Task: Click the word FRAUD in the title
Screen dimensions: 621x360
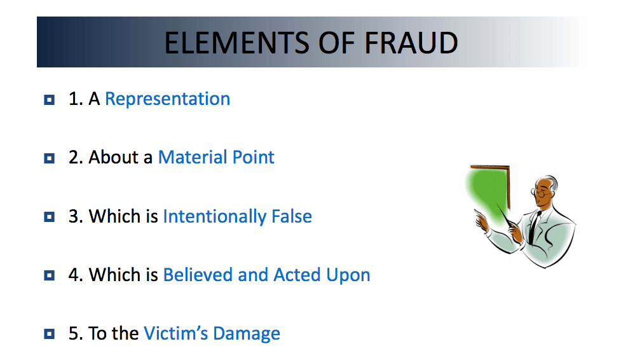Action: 411,43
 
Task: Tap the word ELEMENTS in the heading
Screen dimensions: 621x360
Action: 236,43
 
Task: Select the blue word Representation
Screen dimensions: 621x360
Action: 168,99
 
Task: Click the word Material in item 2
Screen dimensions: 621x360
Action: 193,157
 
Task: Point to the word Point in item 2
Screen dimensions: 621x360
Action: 254,157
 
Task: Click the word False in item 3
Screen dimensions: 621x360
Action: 292,216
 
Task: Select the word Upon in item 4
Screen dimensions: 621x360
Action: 348,275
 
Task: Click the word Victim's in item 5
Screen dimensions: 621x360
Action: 175,333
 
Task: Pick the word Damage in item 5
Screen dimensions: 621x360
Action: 247,334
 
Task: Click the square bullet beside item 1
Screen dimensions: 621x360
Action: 49,99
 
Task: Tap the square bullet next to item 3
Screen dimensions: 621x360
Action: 49,217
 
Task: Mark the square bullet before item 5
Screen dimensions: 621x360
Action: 49,334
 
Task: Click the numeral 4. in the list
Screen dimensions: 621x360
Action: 76,275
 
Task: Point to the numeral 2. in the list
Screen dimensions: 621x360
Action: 76,157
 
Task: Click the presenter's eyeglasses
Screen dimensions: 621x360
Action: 540,193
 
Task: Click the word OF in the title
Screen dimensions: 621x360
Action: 337,43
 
